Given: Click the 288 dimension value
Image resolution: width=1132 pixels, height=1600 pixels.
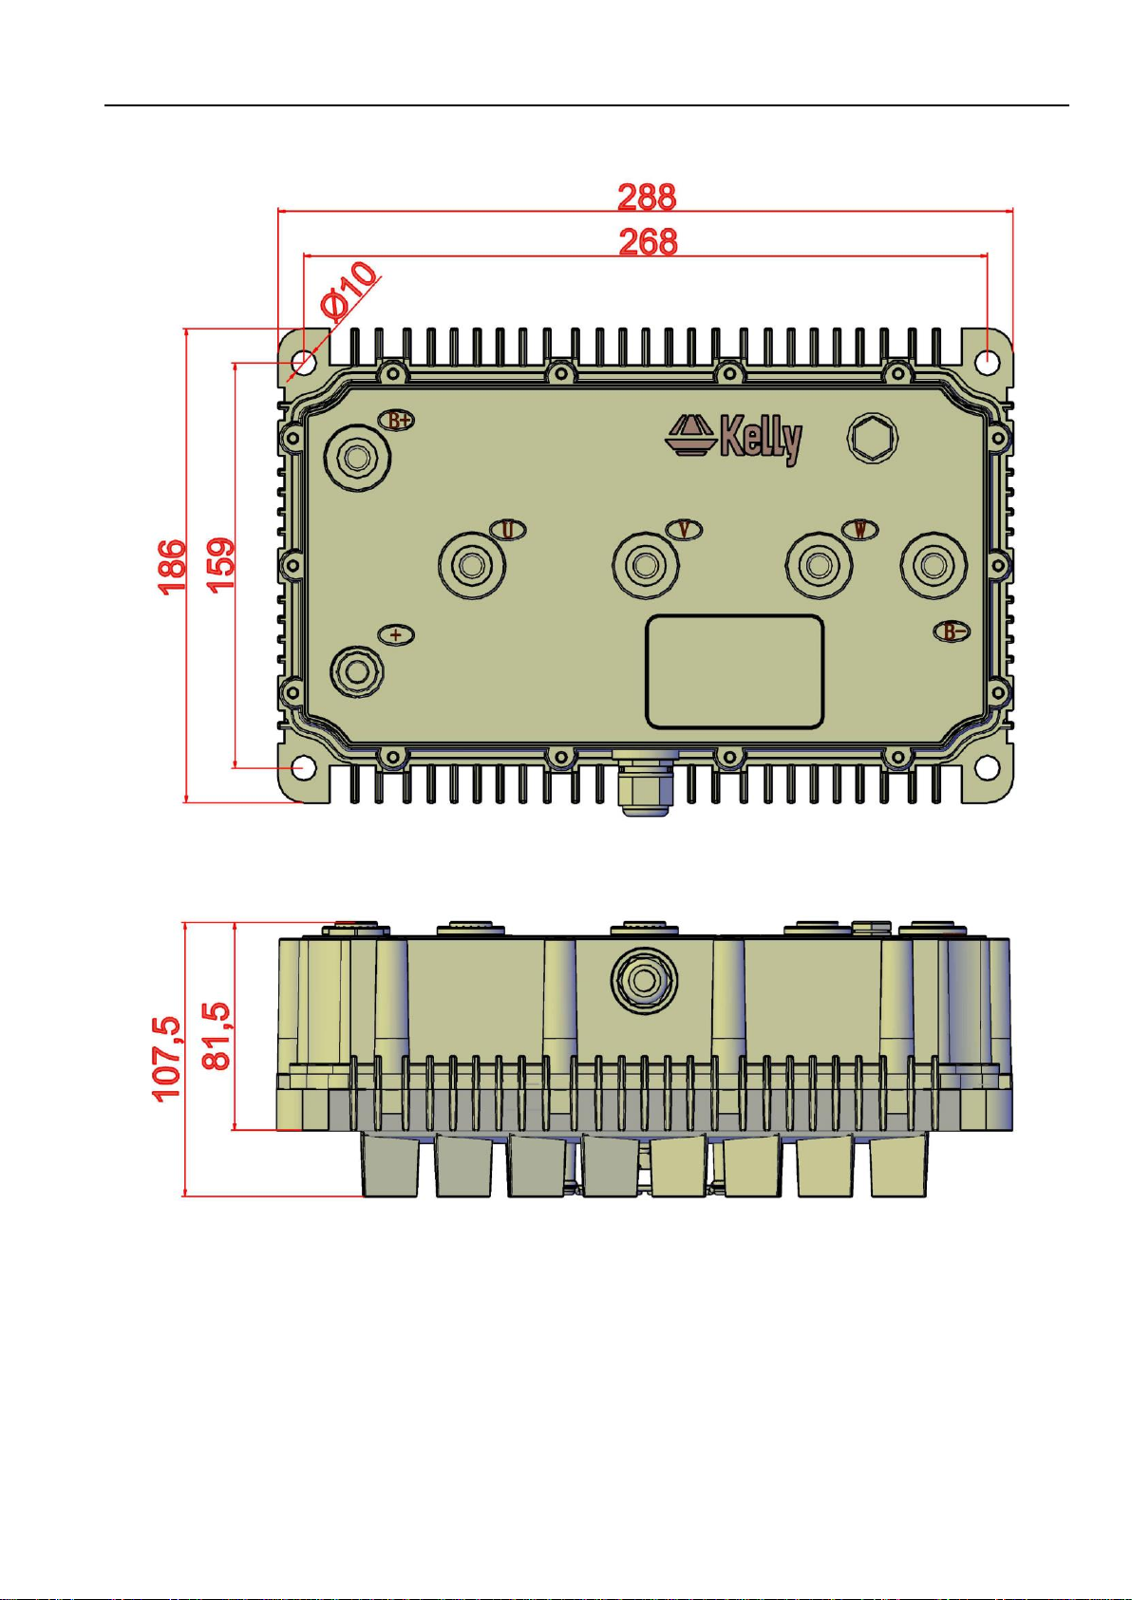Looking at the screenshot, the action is (x=647, y=198).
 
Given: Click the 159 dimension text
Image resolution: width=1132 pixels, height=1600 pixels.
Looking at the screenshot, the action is (x=220, y=564).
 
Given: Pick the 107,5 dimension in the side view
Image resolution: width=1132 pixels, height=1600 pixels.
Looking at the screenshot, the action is (x=170, y=1060).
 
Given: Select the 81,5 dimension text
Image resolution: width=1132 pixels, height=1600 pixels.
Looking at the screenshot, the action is (x=217, y=1036).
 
